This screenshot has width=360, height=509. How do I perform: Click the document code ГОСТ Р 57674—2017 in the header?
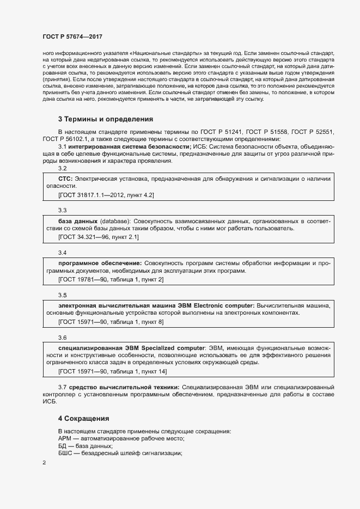click(x=72, y=36)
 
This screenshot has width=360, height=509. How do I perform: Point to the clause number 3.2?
click(x=62, y=169)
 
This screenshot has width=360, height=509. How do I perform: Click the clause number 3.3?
click(x=62, y=210)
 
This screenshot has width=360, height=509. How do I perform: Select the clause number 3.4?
click(x=62, y=253)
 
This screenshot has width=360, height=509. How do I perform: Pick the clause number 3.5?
click(x=62, y=295)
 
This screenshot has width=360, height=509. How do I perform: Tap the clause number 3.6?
click(x=62, y=338)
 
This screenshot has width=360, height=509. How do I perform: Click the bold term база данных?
click(x=78, y=221)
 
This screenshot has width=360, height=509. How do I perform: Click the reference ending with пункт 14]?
click(x=112, y=372)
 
